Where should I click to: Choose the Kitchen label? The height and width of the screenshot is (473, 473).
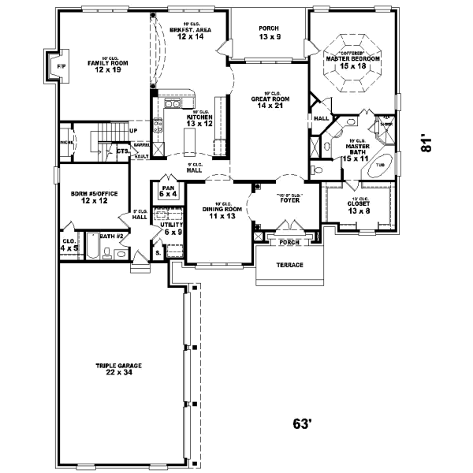[x=199, y=120]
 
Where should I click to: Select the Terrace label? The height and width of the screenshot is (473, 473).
[x=289, y=265]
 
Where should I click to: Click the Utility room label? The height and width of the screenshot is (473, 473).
[x=173, y=228]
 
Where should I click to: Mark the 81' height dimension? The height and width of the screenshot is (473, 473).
[x=426, y=142]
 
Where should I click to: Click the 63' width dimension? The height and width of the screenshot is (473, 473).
[x=304, y=424]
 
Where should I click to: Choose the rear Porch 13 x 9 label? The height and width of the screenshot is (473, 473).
[x=269, y=32]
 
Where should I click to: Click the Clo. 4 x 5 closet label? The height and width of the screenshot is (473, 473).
[x=69, y=244]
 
